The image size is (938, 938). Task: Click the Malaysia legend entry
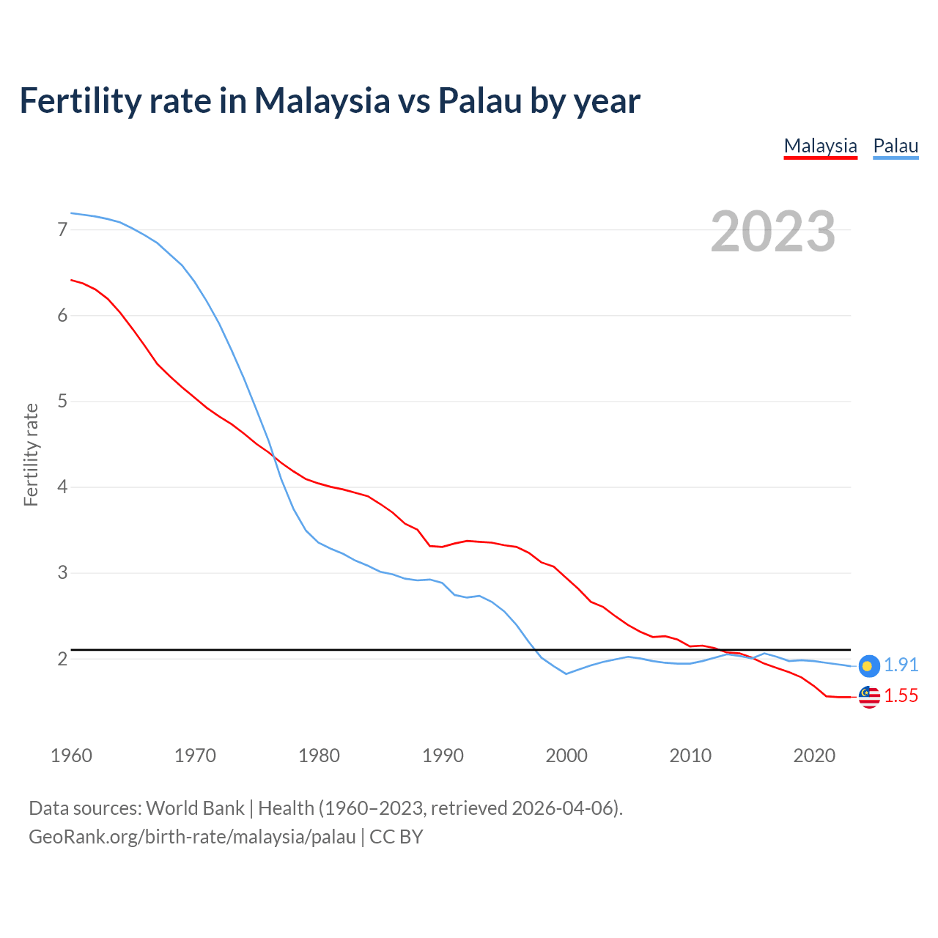820,146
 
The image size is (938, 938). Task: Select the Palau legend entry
895,146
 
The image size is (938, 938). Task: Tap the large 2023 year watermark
772,232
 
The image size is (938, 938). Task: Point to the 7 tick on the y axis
62,230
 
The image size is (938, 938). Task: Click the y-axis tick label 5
62,402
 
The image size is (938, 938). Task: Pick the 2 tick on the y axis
62,659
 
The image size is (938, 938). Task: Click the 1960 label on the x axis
71,756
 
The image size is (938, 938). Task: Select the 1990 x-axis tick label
443,756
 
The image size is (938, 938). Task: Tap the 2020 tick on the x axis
814,756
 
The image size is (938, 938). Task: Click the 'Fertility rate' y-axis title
31,454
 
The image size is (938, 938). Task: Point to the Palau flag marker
868,665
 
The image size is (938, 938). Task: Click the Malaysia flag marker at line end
868,697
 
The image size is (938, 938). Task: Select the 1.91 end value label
901,665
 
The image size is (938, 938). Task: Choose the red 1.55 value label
901,696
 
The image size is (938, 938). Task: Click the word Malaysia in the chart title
322,100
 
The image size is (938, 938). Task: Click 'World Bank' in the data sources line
195,808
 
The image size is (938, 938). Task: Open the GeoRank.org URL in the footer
192,837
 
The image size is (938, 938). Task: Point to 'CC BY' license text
396,837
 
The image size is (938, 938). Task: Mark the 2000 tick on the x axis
566,756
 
